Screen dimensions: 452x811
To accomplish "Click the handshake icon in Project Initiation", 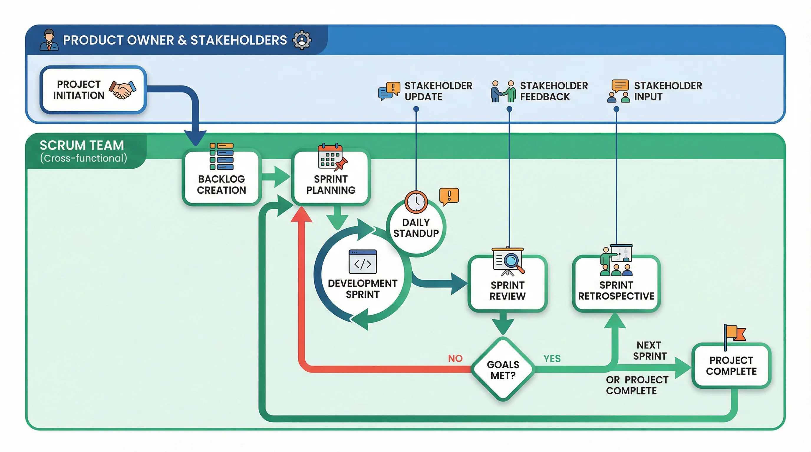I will point(123,90).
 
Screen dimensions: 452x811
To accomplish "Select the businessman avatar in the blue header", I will point(49,40).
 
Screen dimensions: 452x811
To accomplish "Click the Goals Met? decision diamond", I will point(503,370).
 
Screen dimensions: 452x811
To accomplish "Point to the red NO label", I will point(455,358).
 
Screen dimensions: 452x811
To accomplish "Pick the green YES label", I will point(552,358).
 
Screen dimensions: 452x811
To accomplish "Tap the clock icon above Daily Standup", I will point(416,202).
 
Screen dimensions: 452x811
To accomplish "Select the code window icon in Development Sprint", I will point(363,262).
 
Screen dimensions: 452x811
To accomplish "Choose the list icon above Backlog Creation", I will point(222,157).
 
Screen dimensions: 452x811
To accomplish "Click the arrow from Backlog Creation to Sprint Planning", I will point(276,177).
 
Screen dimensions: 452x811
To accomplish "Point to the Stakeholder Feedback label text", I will point(553,91).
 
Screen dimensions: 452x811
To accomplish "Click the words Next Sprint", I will point(650,350).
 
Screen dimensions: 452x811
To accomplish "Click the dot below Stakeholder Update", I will point(416,109).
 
